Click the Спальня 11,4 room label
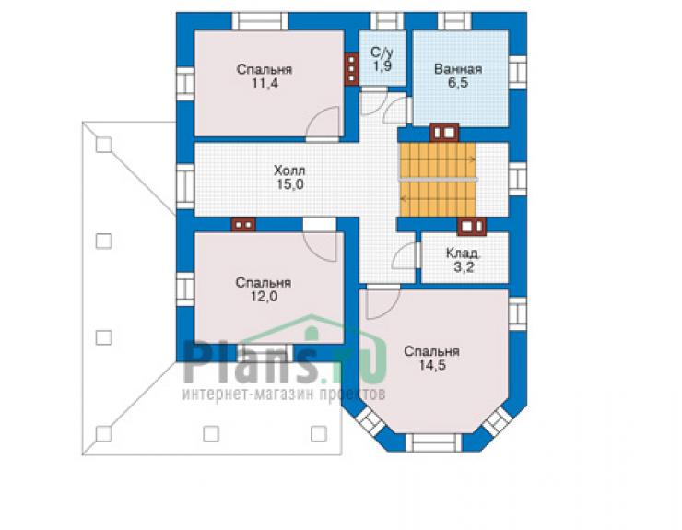click(264, 77)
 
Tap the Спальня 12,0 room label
click(264, 289)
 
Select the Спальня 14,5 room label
click(431, 358)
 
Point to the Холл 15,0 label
click(289, 177)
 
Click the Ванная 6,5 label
click(458, 76)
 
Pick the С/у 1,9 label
click(382, 59)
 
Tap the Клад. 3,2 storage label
click(464, 260)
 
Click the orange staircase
click(438, 179)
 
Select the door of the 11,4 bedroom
click(323, 124)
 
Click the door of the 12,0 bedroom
click(320, 241)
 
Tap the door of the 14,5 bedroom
click(382, 301)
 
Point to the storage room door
click(406, 255)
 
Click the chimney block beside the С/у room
click(351, 69)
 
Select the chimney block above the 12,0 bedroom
click(243, 225)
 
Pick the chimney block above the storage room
click(472, 227)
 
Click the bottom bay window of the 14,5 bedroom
click(433, 442)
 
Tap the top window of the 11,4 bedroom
click(260, 21)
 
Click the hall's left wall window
click(185, 186)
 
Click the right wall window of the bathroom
click(518, 72)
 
